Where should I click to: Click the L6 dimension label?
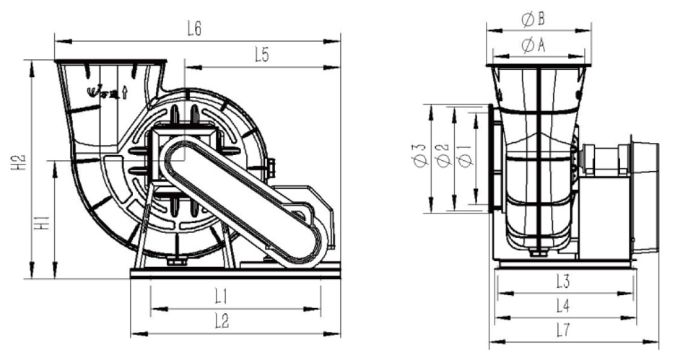tap(193, 29)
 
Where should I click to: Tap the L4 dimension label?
tap(565, 306)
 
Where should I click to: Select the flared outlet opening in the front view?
tap(110, 64)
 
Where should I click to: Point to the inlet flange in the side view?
tap(493, 158)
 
